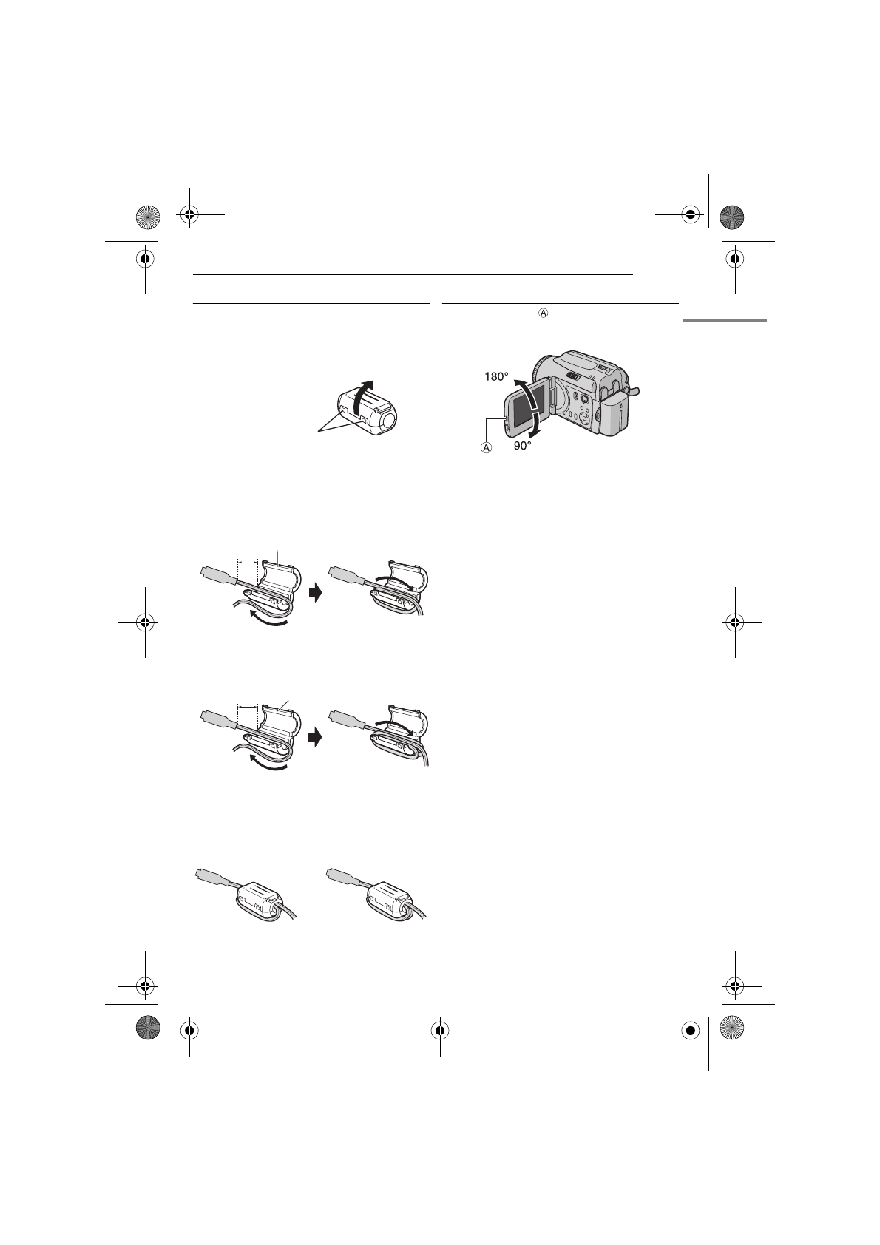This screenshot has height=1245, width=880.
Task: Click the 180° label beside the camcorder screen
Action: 496,376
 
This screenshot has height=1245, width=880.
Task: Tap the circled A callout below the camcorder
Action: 487,448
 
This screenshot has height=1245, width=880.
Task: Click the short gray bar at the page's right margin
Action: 725,320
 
